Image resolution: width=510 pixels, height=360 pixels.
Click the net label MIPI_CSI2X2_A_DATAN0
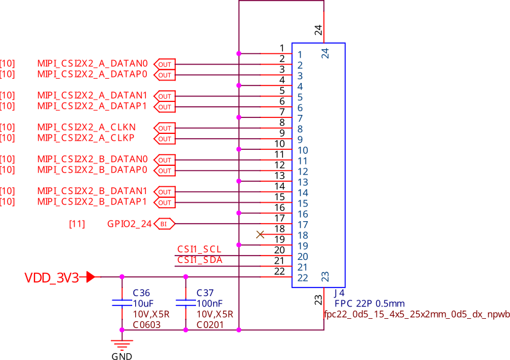coord(92,63)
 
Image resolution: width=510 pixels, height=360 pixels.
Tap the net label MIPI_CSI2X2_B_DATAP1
coord(92,202)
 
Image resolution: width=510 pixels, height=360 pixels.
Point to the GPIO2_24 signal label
coord(129,224)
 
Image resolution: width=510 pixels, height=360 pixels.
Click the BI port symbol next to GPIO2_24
coord(165,224)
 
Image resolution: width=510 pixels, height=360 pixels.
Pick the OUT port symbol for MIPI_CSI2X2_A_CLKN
coord(165,128)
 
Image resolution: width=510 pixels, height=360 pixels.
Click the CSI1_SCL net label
coord(199,249)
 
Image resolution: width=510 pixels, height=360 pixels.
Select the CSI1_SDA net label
coord(200,260)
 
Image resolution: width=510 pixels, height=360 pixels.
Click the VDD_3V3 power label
coord(52,277)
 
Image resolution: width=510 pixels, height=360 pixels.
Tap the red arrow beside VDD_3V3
coord(90,277)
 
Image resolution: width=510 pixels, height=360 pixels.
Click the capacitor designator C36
coord(141,292)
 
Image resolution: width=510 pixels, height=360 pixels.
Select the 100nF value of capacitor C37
coord(210,303)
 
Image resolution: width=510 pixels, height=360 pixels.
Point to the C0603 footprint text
coord(147,324)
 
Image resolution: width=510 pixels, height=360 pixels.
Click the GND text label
coord(121,356)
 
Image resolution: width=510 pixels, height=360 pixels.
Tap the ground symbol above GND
coord(121,343)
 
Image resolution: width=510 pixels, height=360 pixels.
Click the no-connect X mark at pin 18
coord(260,234)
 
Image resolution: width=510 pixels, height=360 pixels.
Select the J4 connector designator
coord(339,293)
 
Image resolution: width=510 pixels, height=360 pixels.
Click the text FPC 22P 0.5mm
coord(369,303)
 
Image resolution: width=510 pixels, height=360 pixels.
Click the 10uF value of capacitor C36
coord(144,303)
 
